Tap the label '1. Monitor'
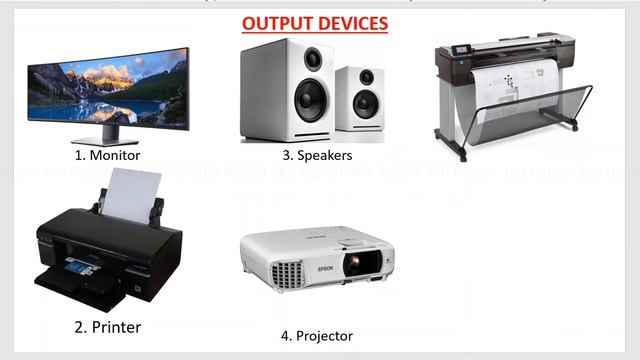click(107, 155)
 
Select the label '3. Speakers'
click(317, 155)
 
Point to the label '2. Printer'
click(107, 326)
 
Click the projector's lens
click(355, 263)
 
